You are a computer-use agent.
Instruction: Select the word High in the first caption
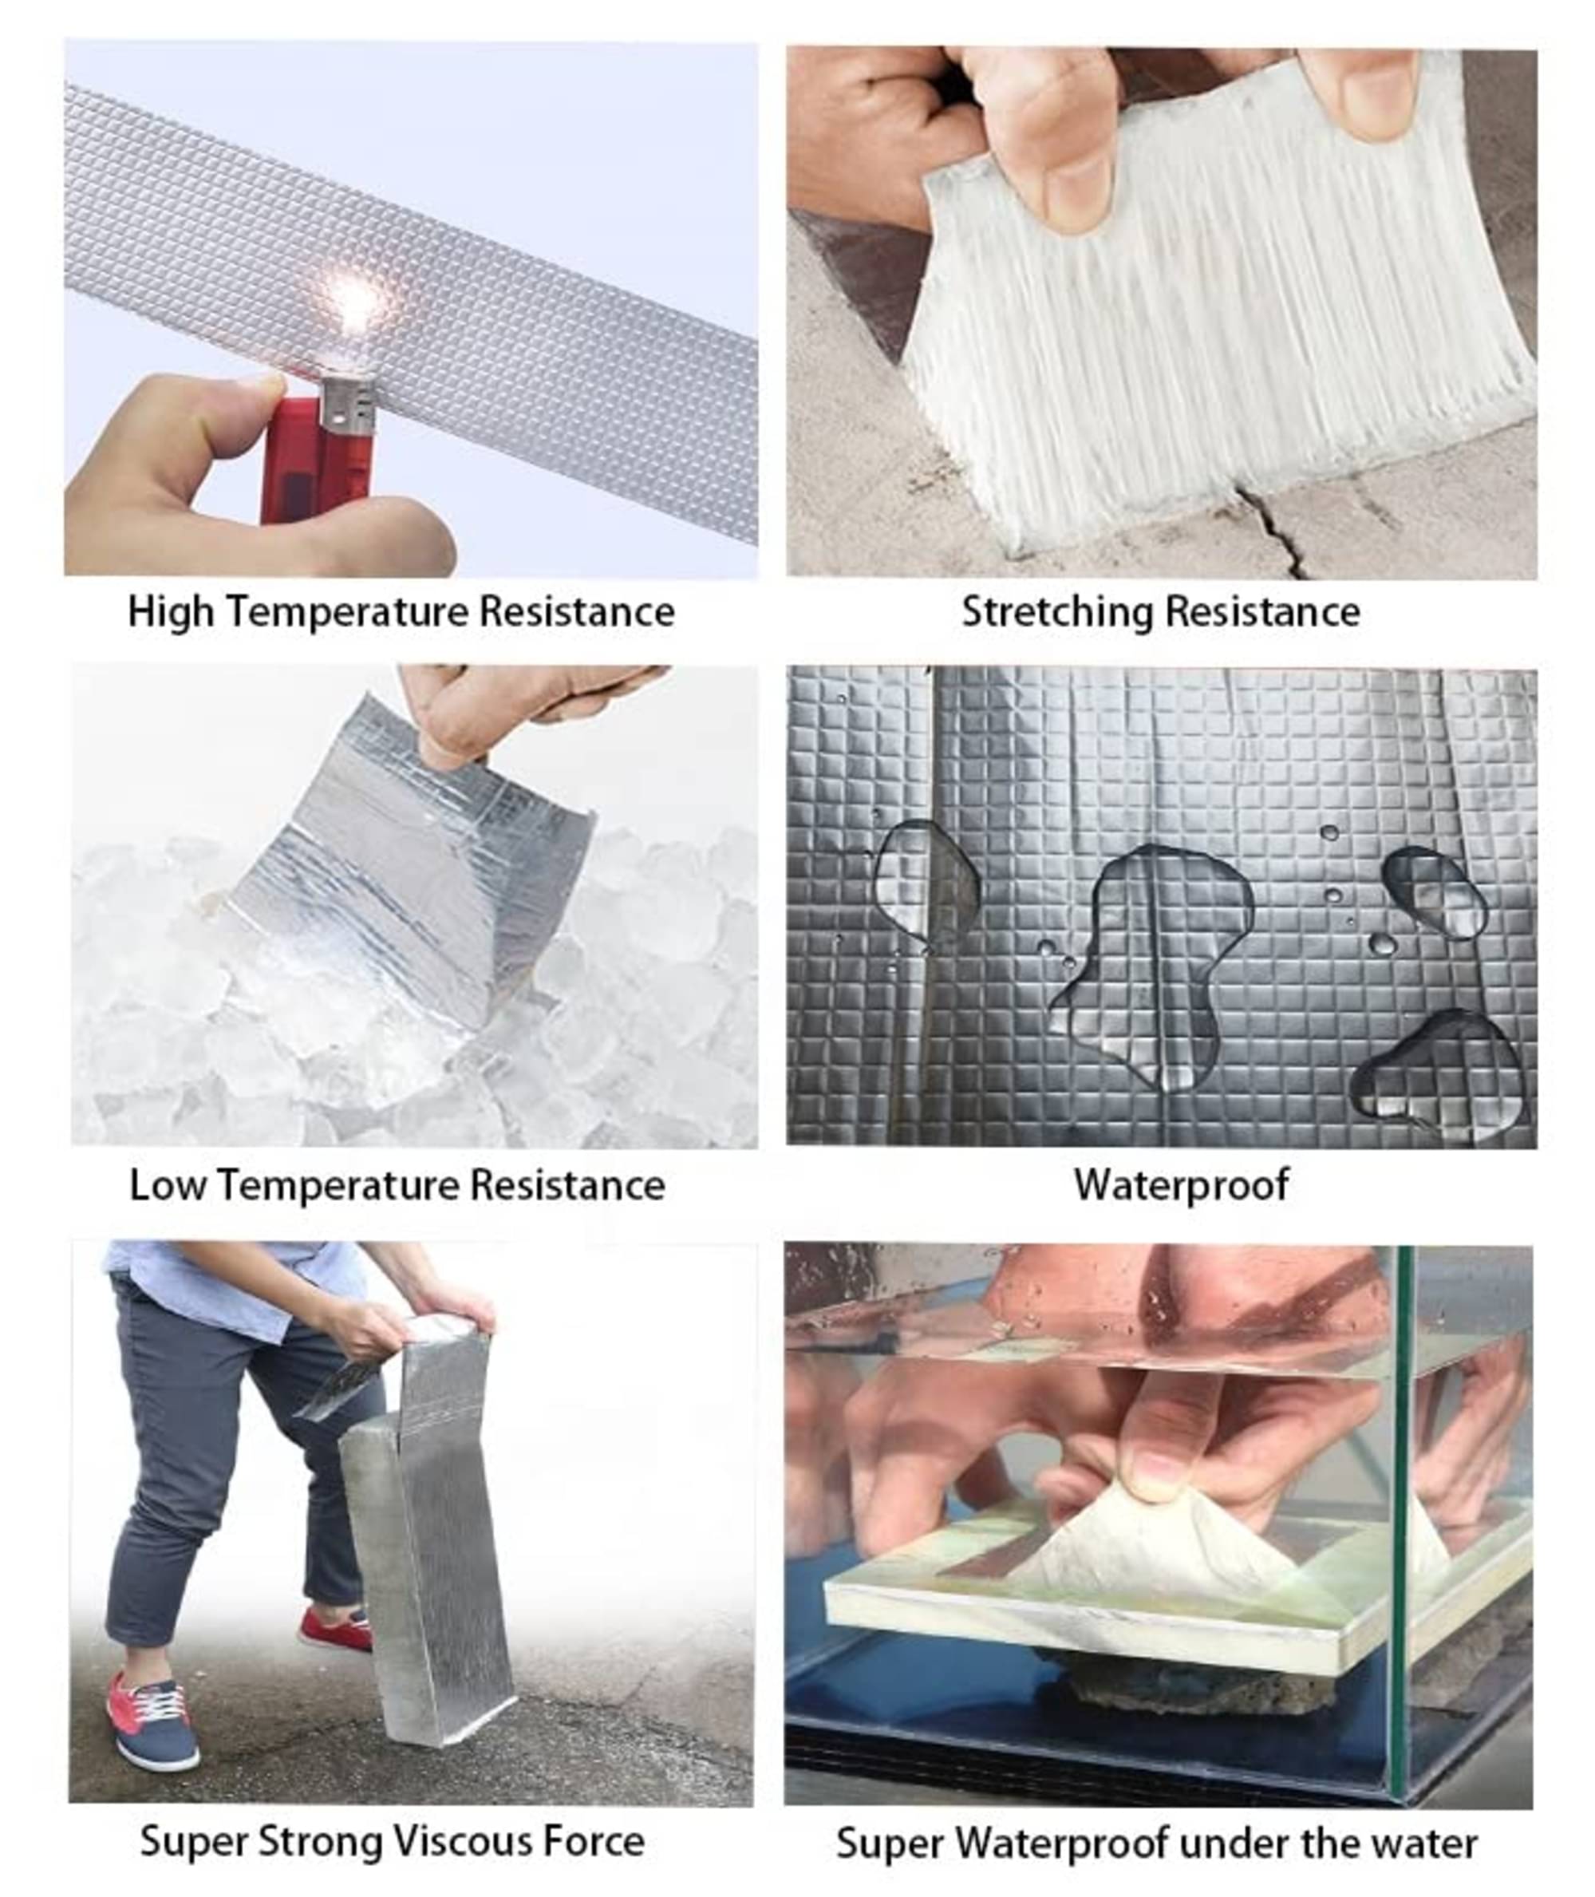click(172, 612)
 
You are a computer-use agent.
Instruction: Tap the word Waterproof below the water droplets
click(1181, 1184)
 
